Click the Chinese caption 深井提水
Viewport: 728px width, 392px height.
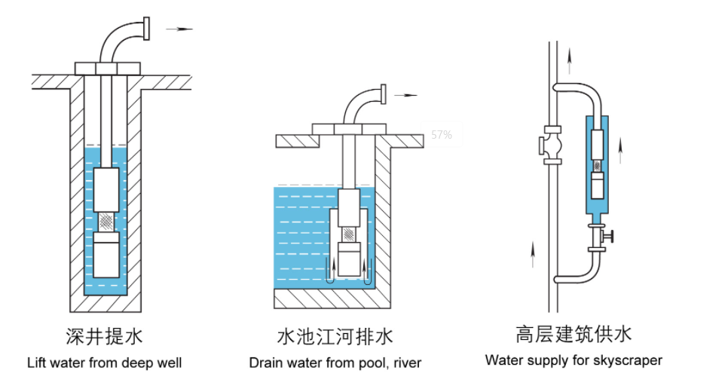pos(104,336)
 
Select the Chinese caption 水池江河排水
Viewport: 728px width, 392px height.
pos(335,336)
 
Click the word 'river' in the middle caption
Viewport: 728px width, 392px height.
pos(408,363)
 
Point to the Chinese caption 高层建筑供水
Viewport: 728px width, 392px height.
pos(574,334)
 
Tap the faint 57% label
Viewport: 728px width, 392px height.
pos(442,135)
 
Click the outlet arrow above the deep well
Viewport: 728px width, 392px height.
pos(179,29)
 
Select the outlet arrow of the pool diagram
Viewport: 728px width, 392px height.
pos(405,95)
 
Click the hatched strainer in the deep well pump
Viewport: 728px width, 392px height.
pos(106,222)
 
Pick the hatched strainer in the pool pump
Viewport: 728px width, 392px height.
pos(349,234)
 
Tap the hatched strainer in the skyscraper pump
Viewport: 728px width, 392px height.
pos(598,166)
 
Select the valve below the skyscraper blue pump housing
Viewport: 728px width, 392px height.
pos(600,237)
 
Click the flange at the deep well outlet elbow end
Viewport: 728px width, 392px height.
pos(147,29)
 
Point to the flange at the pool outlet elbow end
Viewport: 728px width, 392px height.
pos(383,94)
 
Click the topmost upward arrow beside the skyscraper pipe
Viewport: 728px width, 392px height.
pos(570,61)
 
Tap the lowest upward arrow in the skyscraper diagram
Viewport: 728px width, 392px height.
pos(533,255)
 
